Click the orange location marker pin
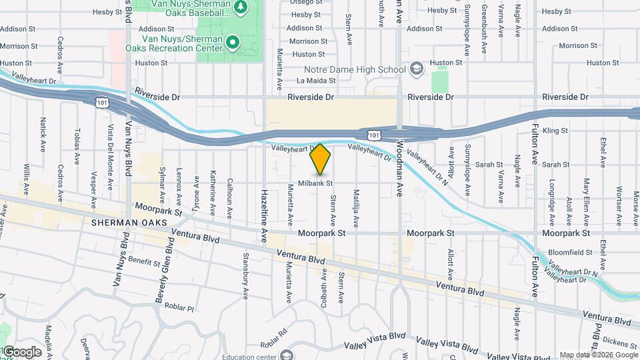(x=321, y=159)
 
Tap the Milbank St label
(x=315, y=183)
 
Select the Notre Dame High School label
(x=355, y=69)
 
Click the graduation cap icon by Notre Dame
(x=417, y=69)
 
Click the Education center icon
(x=287, y=355)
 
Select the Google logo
(x=21, y=352)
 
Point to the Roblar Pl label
(x=179, y=309)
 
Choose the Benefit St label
(x=144, y=260)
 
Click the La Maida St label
(x=316, y=81)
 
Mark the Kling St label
(x=555, y=131)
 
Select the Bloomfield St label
(x=570, y=253)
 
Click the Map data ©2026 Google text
(x=598, y=355)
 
